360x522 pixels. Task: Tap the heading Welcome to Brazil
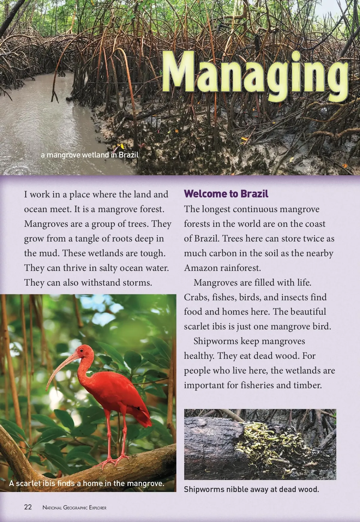click(226, 194)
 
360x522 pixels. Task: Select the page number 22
click(28, 507)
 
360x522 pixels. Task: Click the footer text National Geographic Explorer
click(74, 508)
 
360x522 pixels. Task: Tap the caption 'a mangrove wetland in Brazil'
click(90, 155)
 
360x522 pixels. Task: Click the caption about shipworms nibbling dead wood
click(251, 489)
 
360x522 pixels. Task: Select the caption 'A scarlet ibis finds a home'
click(87, 483)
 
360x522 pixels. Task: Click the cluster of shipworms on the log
click(261, 444)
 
